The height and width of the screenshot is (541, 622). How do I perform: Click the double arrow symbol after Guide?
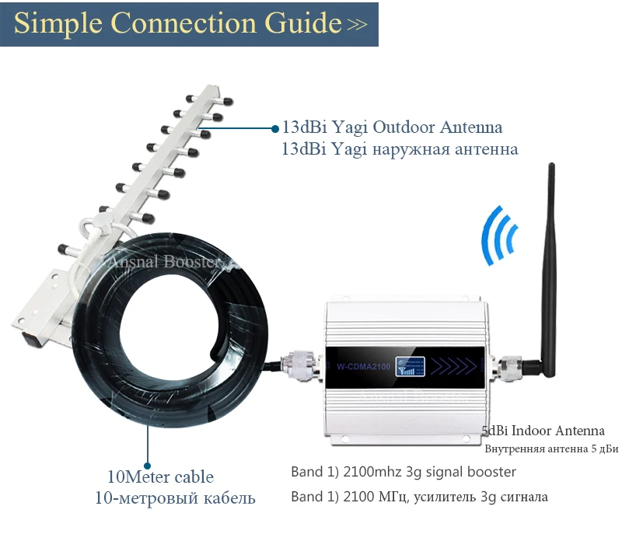(357, 25)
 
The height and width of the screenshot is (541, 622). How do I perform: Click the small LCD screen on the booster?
(407, 365)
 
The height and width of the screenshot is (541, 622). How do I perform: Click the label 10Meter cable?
(160, 476)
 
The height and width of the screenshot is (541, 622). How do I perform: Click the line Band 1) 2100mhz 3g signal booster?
(404, 472)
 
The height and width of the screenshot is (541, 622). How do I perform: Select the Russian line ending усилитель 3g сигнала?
(419, 497)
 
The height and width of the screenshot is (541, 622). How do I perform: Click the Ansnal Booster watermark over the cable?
(164, 262)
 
